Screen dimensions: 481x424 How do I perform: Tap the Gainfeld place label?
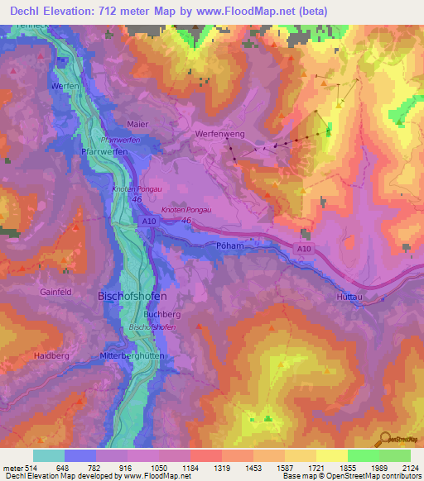(55, 292)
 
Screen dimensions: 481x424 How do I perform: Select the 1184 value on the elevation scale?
(179, 468)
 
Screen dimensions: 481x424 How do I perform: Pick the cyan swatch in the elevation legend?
(49, 455)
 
